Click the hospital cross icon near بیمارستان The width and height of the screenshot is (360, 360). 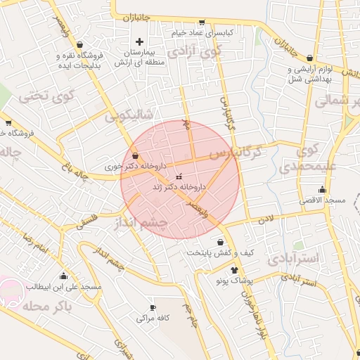click(140, 42)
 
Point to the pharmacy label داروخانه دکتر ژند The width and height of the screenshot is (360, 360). click(180, 188)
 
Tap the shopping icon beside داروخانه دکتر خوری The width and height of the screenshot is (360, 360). click(134, 157)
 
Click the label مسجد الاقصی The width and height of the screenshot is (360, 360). click(325, 200)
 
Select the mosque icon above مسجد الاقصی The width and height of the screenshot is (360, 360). click(322, 189)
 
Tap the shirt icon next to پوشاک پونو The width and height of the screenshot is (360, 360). click(234, 270)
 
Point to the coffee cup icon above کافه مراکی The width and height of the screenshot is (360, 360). click(153, 308)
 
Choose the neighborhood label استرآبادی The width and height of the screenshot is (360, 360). click(294, 258)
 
